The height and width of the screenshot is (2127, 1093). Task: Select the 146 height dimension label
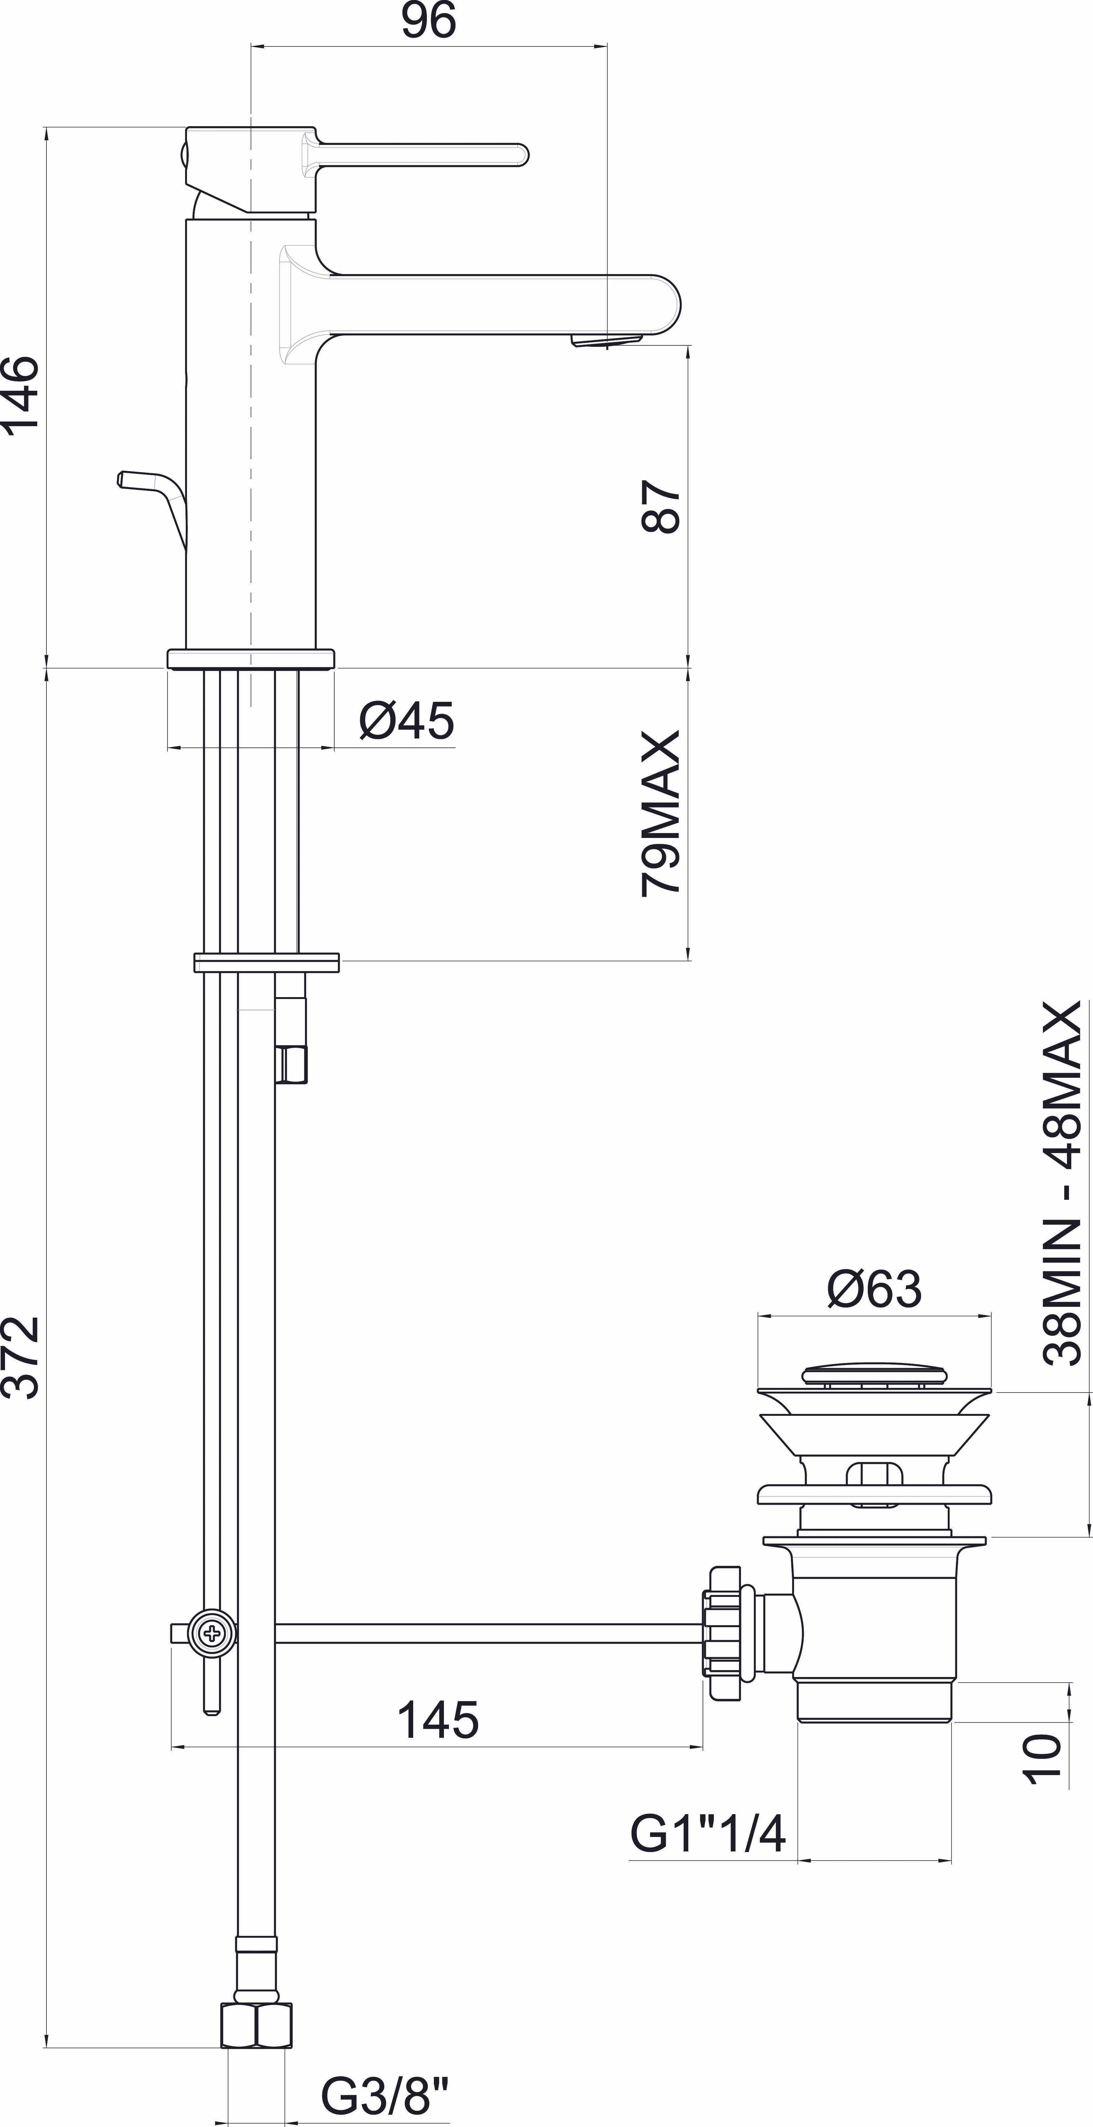pos(21,392)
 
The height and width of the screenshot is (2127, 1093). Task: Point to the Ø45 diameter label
pos(406,721)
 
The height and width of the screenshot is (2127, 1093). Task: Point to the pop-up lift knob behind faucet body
pos(153,495)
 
